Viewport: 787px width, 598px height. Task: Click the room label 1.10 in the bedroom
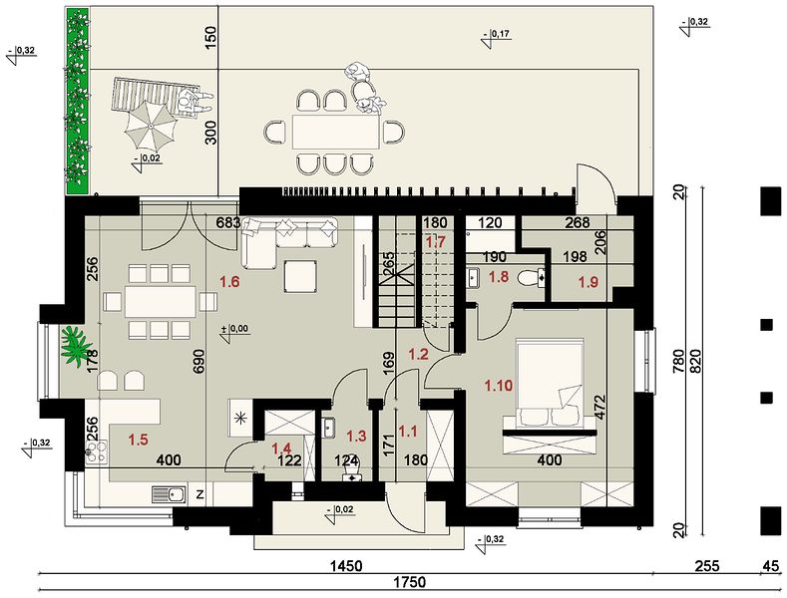click(499, 386)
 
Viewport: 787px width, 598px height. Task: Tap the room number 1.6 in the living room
click(228, 282)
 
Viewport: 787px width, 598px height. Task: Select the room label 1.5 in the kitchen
click(138, 440)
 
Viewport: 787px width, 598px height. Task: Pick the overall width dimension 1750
click(410, 582)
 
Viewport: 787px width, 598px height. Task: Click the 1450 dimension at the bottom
click(345, 566)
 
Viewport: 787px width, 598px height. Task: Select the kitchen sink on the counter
click(169, 494)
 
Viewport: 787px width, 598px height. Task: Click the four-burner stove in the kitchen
click(97, 451)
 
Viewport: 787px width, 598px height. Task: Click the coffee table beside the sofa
click(300, 276)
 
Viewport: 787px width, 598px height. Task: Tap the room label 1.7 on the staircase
click(436, 242)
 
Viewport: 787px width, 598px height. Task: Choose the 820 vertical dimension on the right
click(695, 359)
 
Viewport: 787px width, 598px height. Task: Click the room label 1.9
click(589, 282)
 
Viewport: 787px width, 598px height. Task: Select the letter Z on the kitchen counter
click(199, 495)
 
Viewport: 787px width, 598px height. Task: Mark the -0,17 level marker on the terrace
click(496, 38)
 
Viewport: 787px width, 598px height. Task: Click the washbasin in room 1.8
click(474, 277)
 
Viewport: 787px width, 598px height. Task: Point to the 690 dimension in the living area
click(199, 361)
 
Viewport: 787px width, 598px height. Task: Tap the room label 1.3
click(357, 436)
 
